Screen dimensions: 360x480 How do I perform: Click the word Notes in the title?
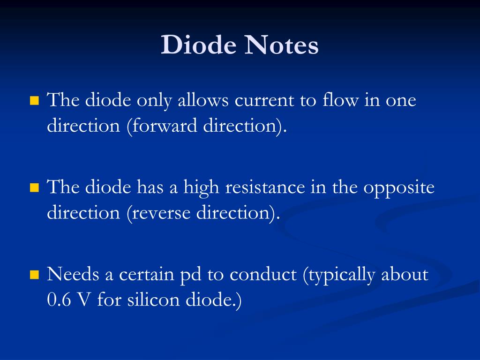click(283, 46)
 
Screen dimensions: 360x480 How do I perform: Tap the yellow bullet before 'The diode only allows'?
click(34, 101)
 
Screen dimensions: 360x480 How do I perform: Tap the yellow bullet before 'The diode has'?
click(34, 188)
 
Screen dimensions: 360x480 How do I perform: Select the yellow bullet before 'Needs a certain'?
click(34, 275)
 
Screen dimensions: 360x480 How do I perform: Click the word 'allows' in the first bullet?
click(203, 100)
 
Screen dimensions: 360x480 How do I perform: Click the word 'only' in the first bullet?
click(155, 100)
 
